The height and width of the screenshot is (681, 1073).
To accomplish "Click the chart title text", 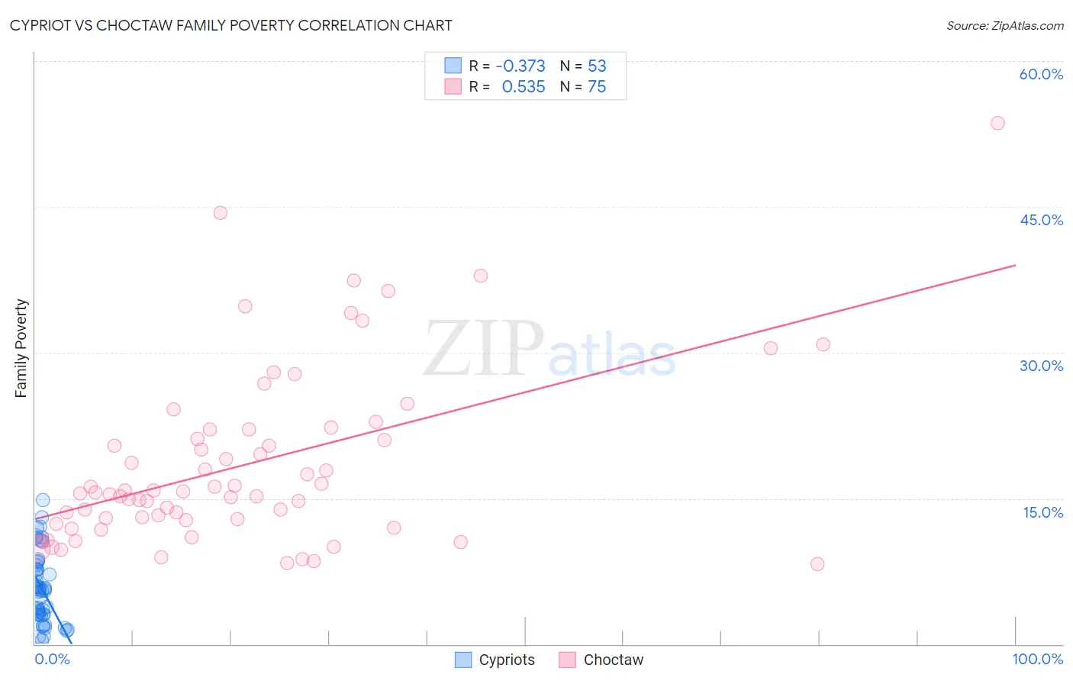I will (x=230, y=25).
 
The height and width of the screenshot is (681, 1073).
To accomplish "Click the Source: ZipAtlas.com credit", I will (x=1004, y=25).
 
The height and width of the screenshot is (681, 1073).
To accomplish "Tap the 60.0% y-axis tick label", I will (x=1041, y=74).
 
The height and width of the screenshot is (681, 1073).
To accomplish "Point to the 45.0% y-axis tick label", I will (x=1041, y=220).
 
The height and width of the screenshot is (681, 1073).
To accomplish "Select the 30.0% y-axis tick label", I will (x=1041, y=366).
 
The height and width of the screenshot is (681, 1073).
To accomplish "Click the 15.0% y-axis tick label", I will (x=1042, y=512).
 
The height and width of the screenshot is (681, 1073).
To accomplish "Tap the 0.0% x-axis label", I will (x=52, y=659).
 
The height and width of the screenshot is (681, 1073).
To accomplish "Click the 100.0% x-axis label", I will (x=1037, y=659).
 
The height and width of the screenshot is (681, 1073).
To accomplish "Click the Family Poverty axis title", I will (x=21, y=348).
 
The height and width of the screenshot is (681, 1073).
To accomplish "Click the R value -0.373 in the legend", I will (x=520, y=66).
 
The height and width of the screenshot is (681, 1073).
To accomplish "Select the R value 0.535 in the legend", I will (x=524, y=87).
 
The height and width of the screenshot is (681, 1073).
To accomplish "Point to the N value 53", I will (x=597, y=66).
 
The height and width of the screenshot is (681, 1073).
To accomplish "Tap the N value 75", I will (x=597, y=87).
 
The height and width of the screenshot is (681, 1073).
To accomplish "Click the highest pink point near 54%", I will (x=997, y=123).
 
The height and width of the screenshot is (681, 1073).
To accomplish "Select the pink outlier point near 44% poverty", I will (x=220, y=213).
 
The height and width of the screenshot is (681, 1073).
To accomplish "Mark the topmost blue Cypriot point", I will (x=43, y=500).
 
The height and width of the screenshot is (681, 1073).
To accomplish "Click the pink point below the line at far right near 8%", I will (x=817, y=564).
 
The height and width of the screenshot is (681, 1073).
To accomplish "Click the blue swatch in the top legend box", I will (x=453, y=66).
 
